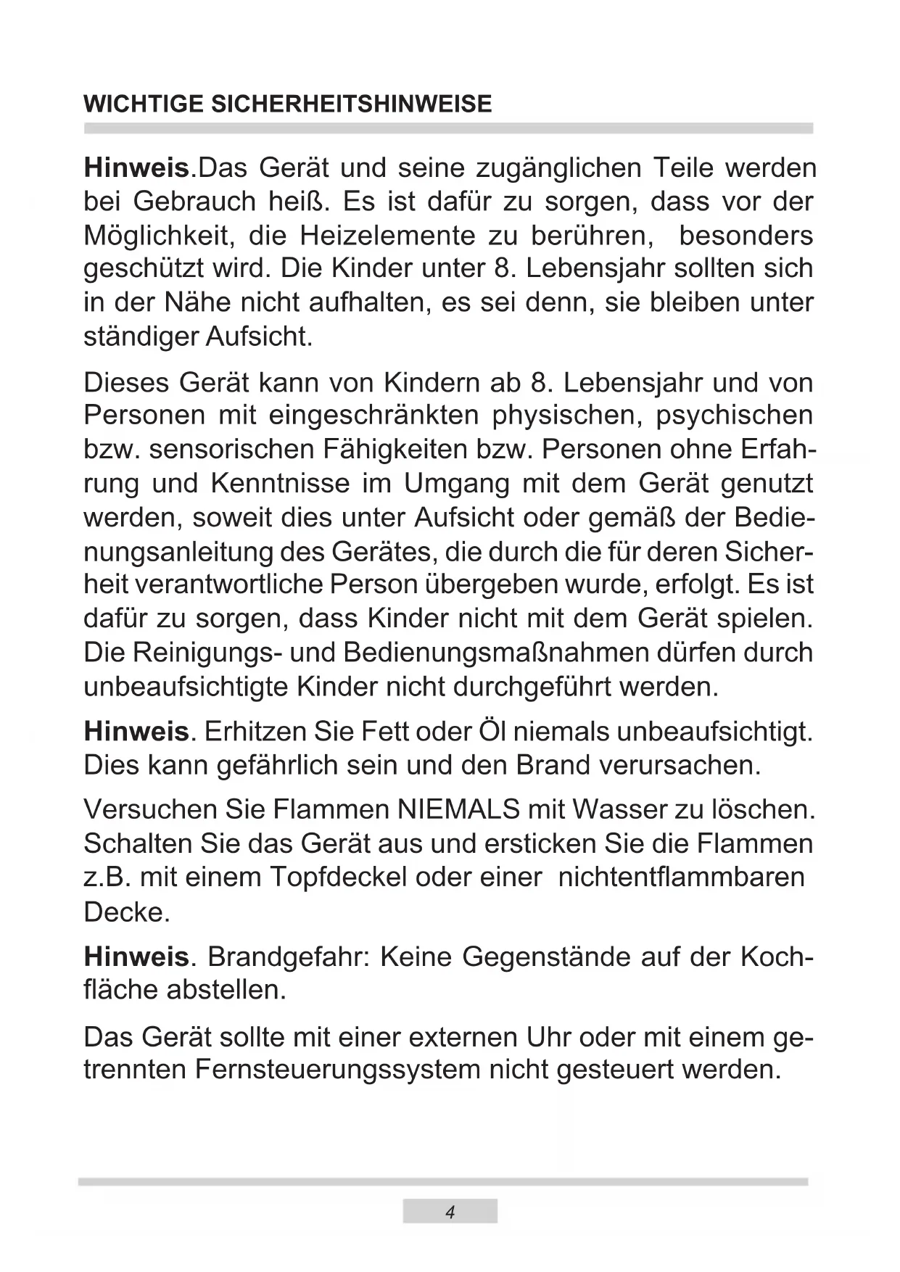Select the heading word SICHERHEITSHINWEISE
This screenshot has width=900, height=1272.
pos(351,104)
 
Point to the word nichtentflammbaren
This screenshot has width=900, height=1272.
pos(681,877)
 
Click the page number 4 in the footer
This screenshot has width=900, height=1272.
pos(450,1213)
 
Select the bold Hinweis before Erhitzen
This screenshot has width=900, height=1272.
pos(136,732)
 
